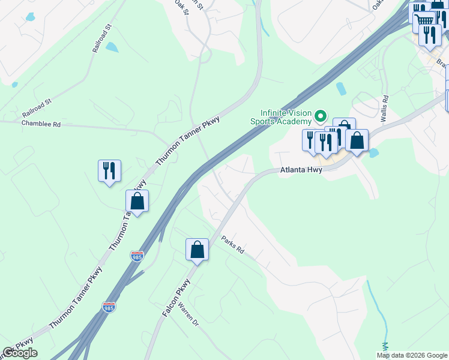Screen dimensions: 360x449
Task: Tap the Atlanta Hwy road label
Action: [x=301, y=170]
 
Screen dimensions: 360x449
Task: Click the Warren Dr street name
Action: [x=188, y=313]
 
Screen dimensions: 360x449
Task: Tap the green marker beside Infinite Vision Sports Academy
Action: [x=321, y=115]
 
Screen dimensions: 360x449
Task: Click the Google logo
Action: [x=20, y=353]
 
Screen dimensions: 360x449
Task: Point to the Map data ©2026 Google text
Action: [x=411, y=355]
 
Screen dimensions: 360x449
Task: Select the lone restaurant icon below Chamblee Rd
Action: [x=109, y=171]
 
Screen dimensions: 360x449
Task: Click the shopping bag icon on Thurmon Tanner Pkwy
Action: [x=137, y=202]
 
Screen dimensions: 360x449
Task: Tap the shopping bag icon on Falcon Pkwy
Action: [x=197, y=250]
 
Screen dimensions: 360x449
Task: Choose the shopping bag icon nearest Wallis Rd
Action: [x=357, y=140]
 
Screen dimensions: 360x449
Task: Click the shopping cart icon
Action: [x=425, y=20]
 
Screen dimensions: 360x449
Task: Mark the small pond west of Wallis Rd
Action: [x=341, y=89]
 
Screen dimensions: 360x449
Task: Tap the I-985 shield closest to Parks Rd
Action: [x=137, y=256]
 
